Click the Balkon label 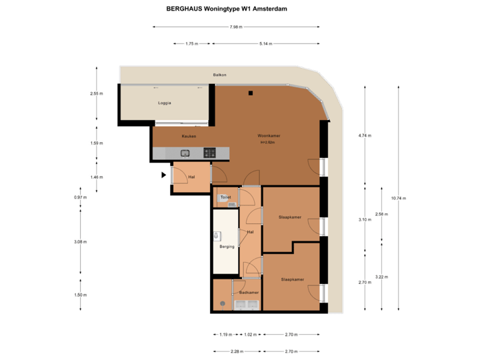[219, 75]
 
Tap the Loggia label [165, 103]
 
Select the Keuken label [189, 136]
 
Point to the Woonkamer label [269, 136]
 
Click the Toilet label [225, 198]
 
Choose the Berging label [227, 247]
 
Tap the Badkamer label [249, 292]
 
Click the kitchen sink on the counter [185, 153]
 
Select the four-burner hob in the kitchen [209, 153]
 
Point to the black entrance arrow [163, 175]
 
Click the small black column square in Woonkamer [252, 93]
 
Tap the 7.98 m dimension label [235, 27]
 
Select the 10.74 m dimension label [399, 198]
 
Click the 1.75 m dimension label [191, 44]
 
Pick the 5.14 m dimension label [265, 44]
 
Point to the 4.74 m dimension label [365, 135]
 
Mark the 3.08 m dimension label [80, 241]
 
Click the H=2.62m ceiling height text [269, 143]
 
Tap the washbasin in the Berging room [217, 236]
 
